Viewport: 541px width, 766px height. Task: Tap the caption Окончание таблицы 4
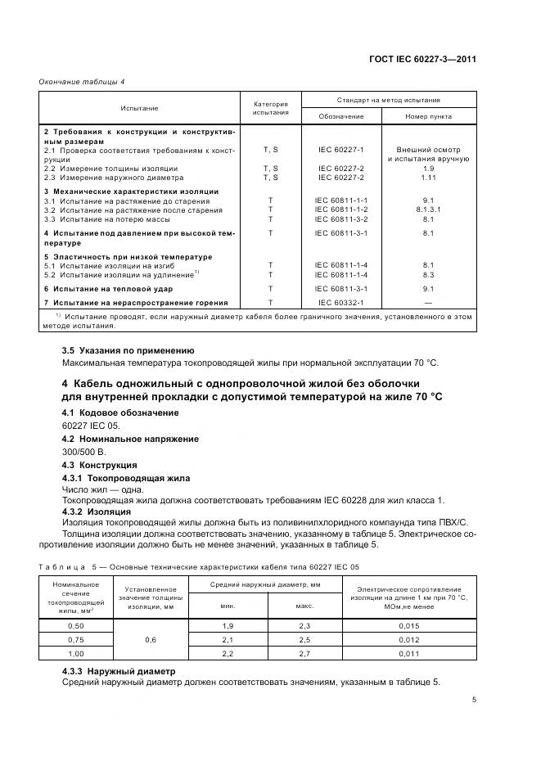coord(80,81)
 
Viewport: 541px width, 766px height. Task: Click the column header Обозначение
coord(341,116)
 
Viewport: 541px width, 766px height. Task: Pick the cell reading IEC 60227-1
coord(341,150)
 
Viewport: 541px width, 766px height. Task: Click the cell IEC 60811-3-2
coord(341,219)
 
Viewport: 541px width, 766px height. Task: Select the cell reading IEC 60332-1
coord(341,303)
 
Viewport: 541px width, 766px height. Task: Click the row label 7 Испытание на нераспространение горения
coord(135,303)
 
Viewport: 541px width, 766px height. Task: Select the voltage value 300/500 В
coord(84,451)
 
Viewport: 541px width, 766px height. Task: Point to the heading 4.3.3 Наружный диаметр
coord(119,670)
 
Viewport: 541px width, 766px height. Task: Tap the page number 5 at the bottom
coord(475,700)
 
